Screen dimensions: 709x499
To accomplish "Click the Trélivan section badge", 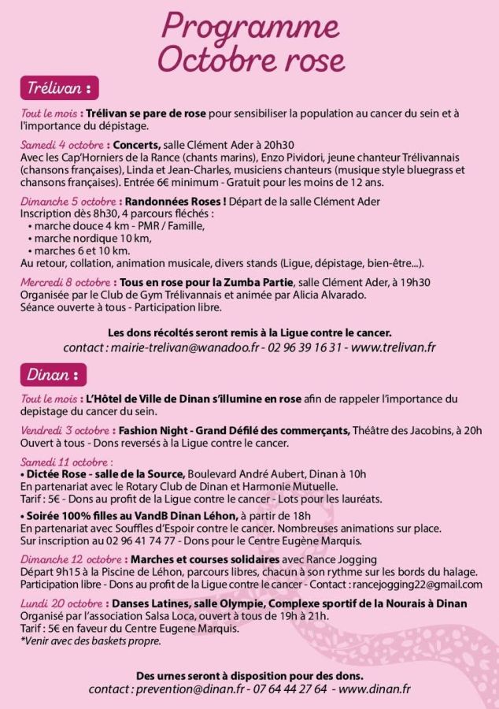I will (59, 86).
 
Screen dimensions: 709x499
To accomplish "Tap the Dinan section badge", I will (53, 373).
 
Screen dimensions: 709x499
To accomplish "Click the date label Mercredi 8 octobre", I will (65, 282).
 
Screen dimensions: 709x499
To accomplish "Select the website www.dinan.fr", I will (374, 689).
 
